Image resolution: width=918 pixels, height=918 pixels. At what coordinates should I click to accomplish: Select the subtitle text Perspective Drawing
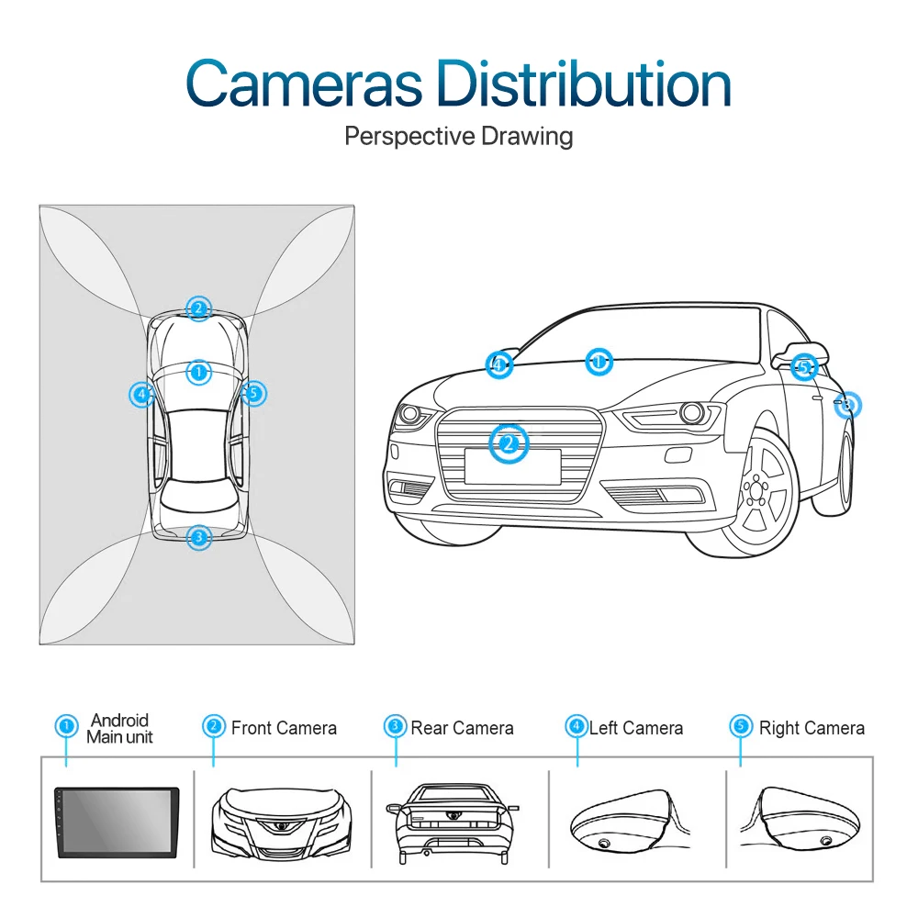(x=458, y=137)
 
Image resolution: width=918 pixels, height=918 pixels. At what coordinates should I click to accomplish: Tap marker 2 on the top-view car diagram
(x=197, y=308)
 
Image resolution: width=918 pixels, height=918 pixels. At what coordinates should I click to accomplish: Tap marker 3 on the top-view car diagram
(x=198, y=537)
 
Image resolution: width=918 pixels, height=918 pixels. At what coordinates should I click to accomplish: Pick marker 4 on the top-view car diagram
(x=141, y=395)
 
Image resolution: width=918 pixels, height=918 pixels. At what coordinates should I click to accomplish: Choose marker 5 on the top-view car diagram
(x=254, y=394)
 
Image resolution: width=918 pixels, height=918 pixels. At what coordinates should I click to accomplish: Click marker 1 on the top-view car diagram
(x=198, y=372)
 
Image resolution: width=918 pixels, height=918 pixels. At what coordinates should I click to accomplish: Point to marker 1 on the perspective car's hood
(x=599, y=361)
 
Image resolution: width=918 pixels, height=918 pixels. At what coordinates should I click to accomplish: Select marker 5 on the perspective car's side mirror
(x=804, y=368)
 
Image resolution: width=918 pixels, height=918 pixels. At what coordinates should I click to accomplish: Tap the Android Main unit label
(x=119, y=729)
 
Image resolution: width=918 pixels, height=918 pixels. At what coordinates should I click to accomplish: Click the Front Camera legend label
(x=284, y=729)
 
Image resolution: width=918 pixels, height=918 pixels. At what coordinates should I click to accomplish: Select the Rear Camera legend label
(x=462, y=729)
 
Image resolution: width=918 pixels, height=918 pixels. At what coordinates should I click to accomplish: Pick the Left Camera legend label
(x=636, y=729)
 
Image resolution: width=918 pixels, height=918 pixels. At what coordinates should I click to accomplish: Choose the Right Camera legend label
(x=812, y=729)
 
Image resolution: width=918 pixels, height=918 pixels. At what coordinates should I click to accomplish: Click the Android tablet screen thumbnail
(x=116, y=823)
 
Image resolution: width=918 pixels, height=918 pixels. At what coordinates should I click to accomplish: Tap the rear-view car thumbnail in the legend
(x=452, y=823)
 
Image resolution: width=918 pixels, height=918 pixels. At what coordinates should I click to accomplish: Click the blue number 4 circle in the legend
(x=577, y=727)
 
